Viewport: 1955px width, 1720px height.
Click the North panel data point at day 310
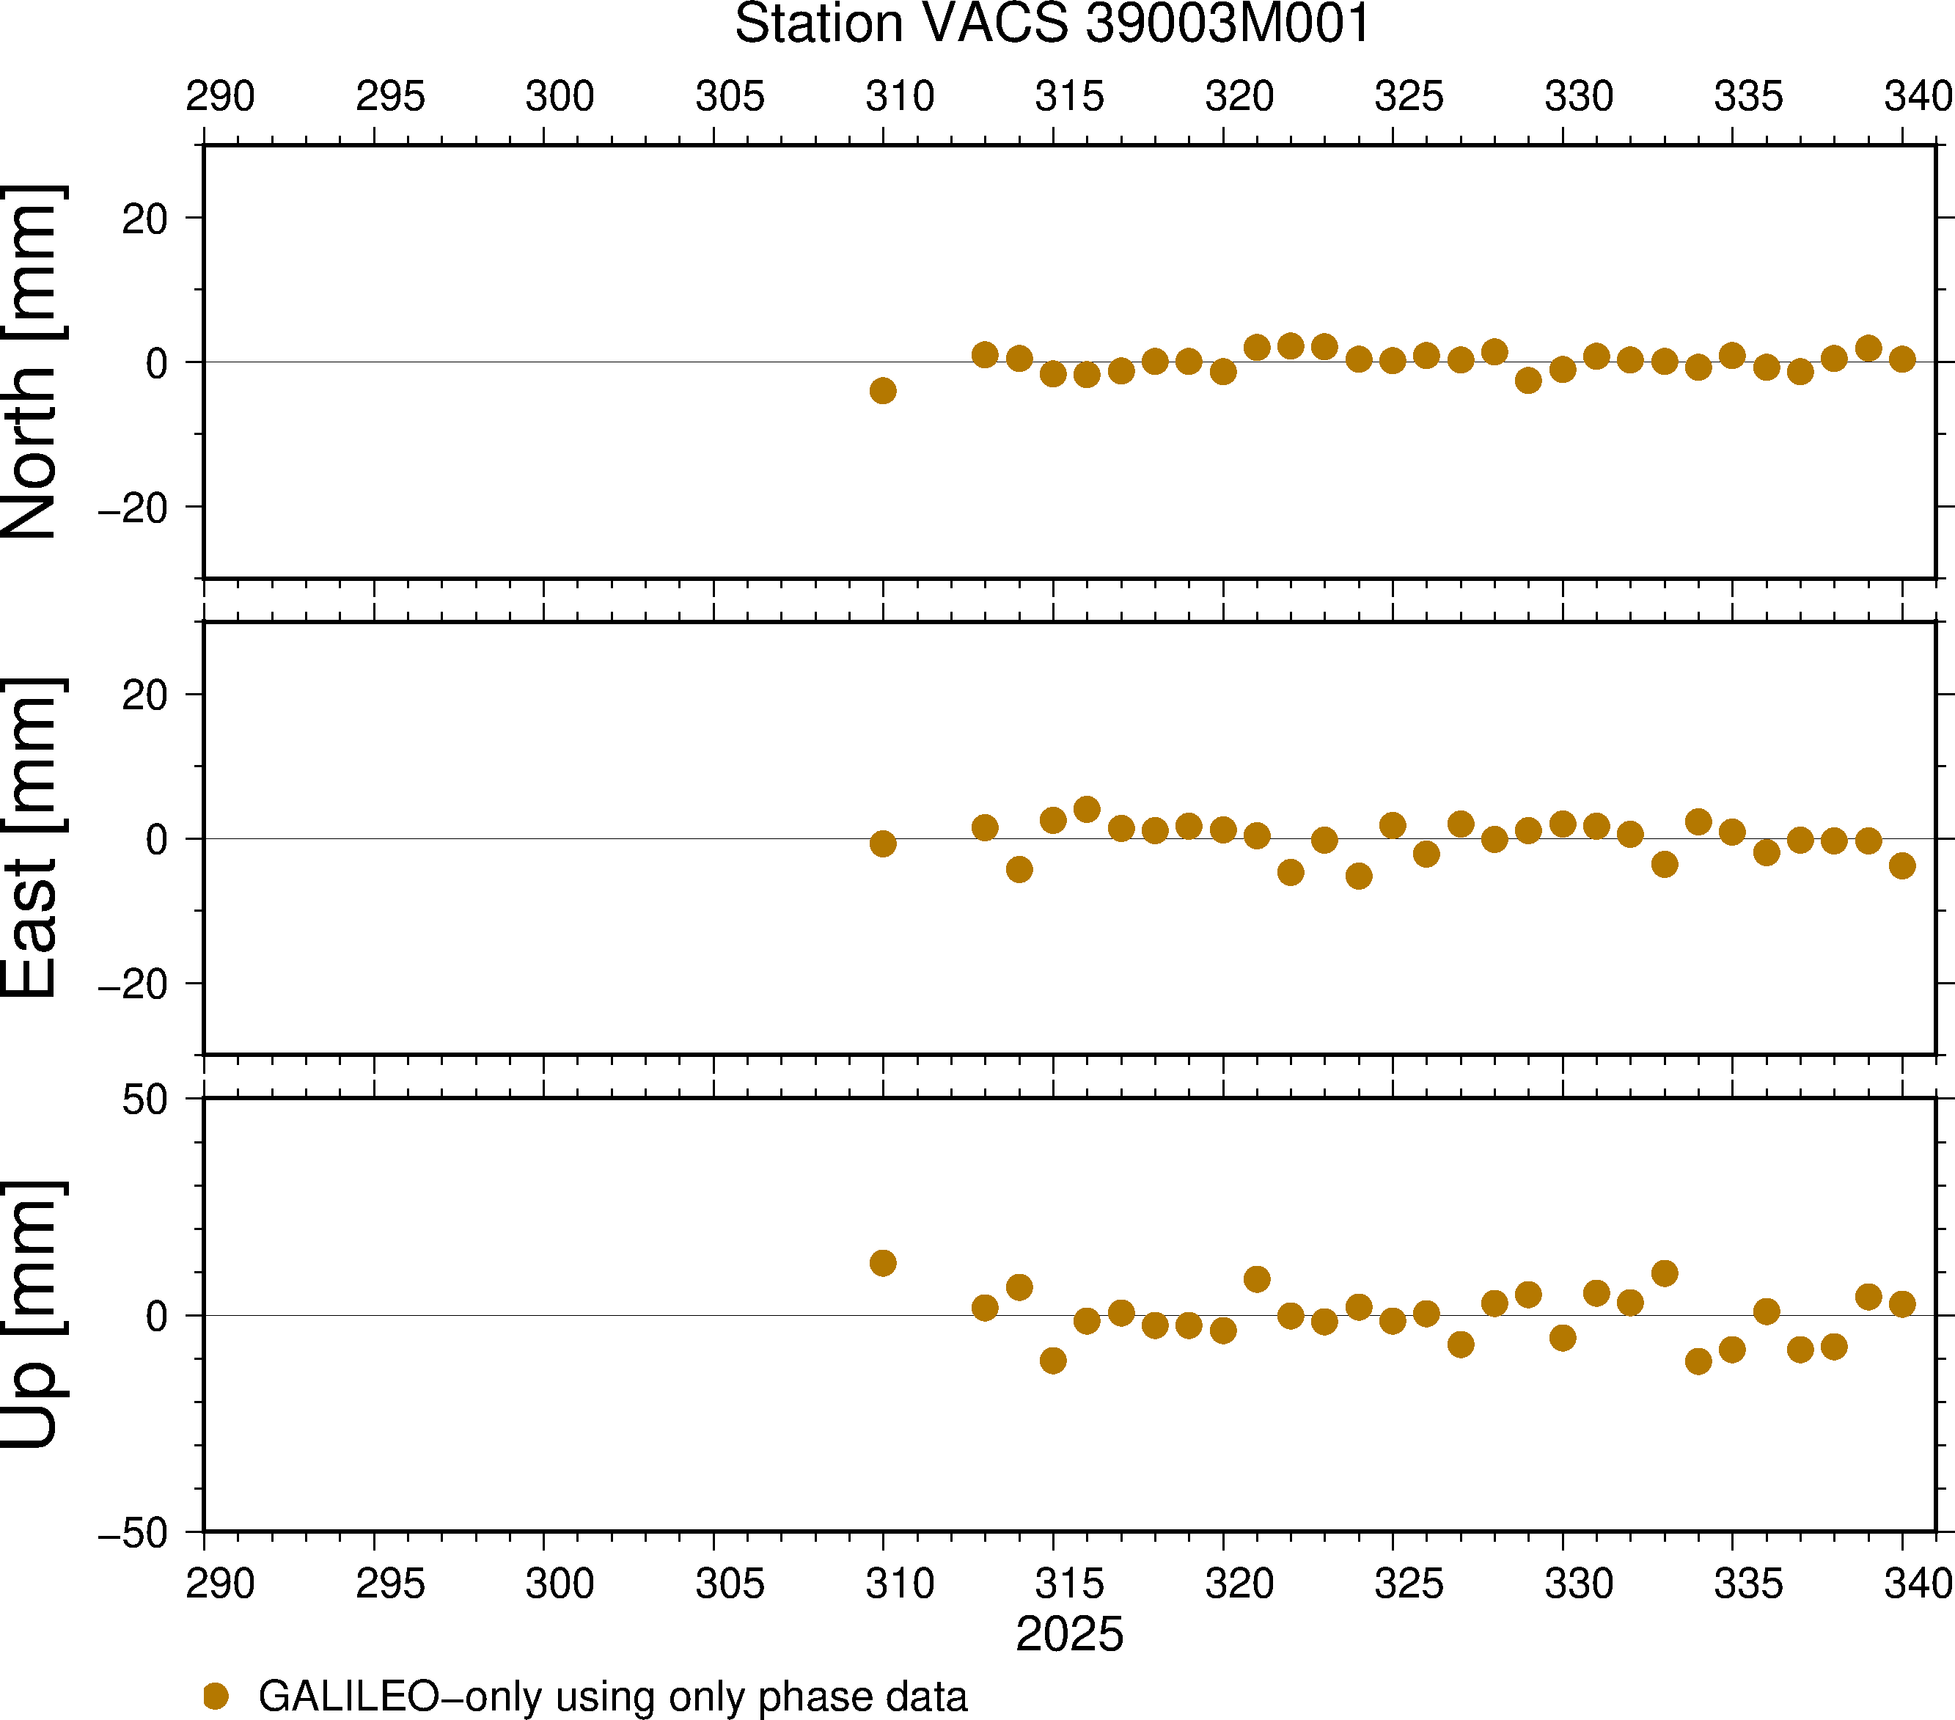(883, 390)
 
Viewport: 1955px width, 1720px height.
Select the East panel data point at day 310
(883, 843)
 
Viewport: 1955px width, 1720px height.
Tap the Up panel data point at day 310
(883, 1263)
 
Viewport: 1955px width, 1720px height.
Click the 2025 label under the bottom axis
(1069, 1634)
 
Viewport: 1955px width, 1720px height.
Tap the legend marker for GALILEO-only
(216, 1696)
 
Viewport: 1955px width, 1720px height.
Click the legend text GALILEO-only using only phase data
(612, 1696)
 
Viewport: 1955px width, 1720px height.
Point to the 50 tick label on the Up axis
(144, 1100)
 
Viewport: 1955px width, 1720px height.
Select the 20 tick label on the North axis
(144, 219)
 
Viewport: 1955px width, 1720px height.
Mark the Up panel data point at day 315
(1053, 1361)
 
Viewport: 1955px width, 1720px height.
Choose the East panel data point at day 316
(1087, 809)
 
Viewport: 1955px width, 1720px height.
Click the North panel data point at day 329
(1528, 381)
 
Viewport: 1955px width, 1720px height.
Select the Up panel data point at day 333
(1664, 1273)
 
